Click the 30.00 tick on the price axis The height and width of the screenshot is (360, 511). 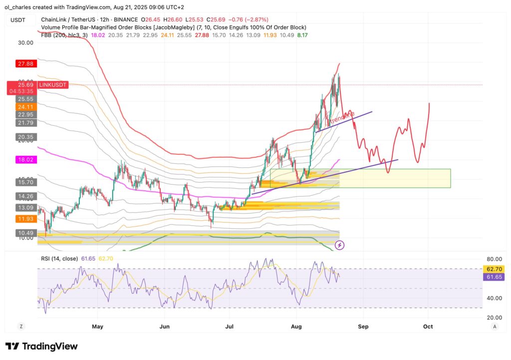click(x=25, y=42)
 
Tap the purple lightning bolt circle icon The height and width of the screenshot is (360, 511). click(x=340, y=245)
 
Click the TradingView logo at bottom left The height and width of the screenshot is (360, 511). click(x=41, y=346)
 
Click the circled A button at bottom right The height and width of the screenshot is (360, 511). click(x=494, y=326)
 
